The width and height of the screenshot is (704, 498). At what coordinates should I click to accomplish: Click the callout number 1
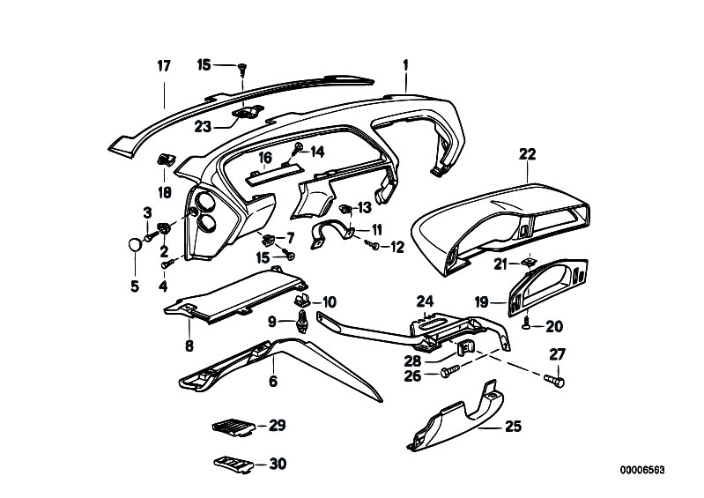click(x=406, y=64)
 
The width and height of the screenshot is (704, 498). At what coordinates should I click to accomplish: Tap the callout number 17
click(x=163, y=65)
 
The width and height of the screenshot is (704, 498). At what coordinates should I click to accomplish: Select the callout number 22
click(x=527, y=153)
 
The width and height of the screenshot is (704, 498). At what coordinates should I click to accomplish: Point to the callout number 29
click(x=278, y=426)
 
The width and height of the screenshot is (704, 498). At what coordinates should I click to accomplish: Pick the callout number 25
click(x=514, y=427)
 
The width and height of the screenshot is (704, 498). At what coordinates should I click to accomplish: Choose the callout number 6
click(x=272, y=381)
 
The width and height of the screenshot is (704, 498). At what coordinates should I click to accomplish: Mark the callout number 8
click(x=189, y=346)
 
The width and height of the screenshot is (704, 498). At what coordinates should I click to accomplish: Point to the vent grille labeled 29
click(x=231, y=427)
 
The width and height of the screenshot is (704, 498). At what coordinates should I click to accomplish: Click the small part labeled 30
click(x=230, y=464)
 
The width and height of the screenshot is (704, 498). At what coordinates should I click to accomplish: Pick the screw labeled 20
click(x=527, y=325)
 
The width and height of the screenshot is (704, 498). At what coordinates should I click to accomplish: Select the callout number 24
click(x=426, y=301)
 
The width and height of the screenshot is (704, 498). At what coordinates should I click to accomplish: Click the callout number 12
click(x=396, y=247)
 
